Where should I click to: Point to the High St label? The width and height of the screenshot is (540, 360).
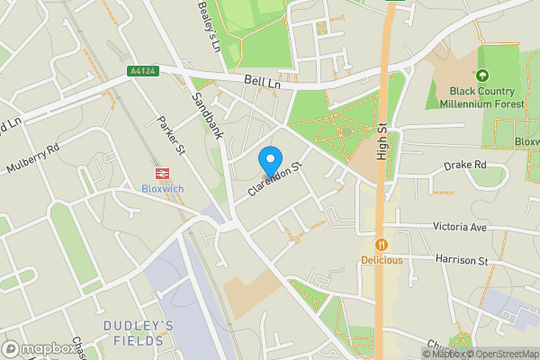click(x=382, y=139)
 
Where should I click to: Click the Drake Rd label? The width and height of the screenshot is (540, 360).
click(x=465, y=166)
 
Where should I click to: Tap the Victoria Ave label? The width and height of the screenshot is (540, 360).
click(x=459, y=228)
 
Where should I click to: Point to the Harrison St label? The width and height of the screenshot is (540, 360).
click(x=461, y=261)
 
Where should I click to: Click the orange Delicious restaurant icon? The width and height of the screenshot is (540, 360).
click(x=382, y=243)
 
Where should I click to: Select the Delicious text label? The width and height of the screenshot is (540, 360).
click(x=382, y=260)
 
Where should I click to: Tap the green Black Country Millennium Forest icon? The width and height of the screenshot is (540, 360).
click(x=482, y=76)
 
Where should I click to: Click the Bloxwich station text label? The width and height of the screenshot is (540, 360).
click(x=163, y=189)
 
